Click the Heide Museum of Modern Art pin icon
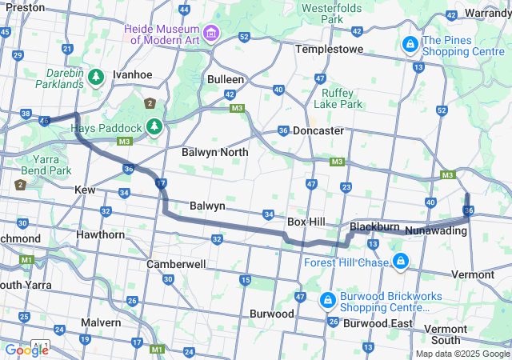(211, 33)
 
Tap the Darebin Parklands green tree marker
(96, 77)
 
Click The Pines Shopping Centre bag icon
(410, 43)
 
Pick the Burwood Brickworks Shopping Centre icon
(326, 300)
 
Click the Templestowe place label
(329, 49)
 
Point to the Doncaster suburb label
(318, 130)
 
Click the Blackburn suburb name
(374, 227)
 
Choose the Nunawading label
(437, 230)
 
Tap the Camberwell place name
(177, 263)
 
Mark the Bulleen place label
(226, 80)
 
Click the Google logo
(26, 350)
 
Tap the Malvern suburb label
(101, 322)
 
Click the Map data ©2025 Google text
(462, 354)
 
